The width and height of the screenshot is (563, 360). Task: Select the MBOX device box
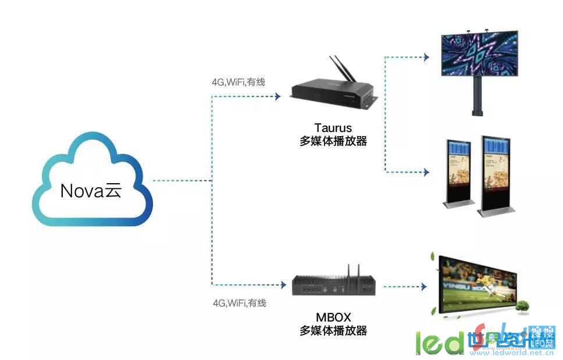click(335, 284)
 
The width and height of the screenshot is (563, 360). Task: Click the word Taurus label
click(333, 127)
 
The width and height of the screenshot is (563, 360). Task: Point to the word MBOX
click(333, 318)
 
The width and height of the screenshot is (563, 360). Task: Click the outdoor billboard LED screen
click(479, 54)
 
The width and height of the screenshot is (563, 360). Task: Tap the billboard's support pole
click(478, 96)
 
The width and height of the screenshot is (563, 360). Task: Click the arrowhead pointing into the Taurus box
click(277, 95)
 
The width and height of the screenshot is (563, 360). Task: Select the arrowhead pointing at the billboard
click(426, 57)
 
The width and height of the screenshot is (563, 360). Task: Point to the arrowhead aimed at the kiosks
click(426, 172)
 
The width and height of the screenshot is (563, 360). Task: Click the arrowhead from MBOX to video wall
click(423, 286)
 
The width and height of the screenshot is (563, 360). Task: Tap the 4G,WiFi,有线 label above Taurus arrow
click(238, 82)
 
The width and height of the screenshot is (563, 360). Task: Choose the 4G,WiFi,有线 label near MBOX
click(238, 303)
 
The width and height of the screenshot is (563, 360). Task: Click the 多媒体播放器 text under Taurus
click(333, 141)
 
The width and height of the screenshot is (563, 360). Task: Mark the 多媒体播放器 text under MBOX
click(333, 331)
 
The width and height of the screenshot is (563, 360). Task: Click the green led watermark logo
click(439, 343)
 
